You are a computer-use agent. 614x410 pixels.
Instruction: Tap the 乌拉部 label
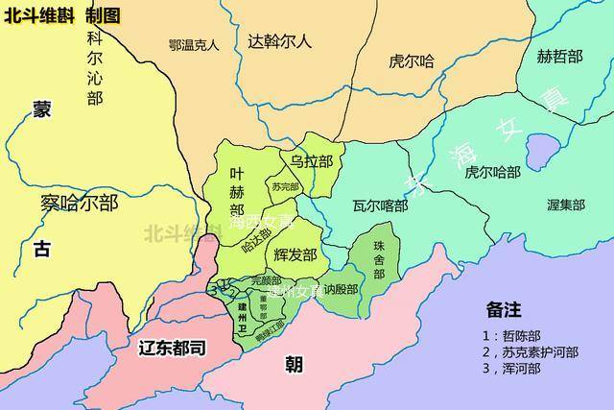click(x=312, y=161)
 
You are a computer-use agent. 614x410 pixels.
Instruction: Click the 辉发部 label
click(x=295, y=255)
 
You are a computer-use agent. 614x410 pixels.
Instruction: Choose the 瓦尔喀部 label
click(x=380, y=205)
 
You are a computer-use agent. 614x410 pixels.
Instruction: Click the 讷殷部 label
click(x=340, y=288)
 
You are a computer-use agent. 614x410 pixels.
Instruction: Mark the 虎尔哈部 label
click(x=493, y=173)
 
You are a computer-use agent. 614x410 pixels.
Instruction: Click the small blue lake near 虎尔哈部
click(x=543, y=149)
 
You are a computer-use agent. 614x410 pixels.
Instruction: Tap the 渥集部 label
click(x=565, y=205)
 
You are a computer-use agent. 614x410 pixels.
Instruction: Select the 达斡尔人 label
click(x=279, y=41)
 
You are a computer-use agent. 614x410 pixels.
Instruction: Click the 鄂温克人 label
click(x=194, y=44)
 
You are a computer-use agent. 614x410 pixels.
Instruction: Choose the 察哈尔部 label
click(x=79, y=203)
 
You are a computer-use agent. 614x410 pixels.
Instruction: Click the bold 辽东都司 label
click(x=173, y=348)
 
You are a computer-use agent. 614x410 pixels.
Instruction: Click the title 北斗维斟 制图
click(x=62, y=14)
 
